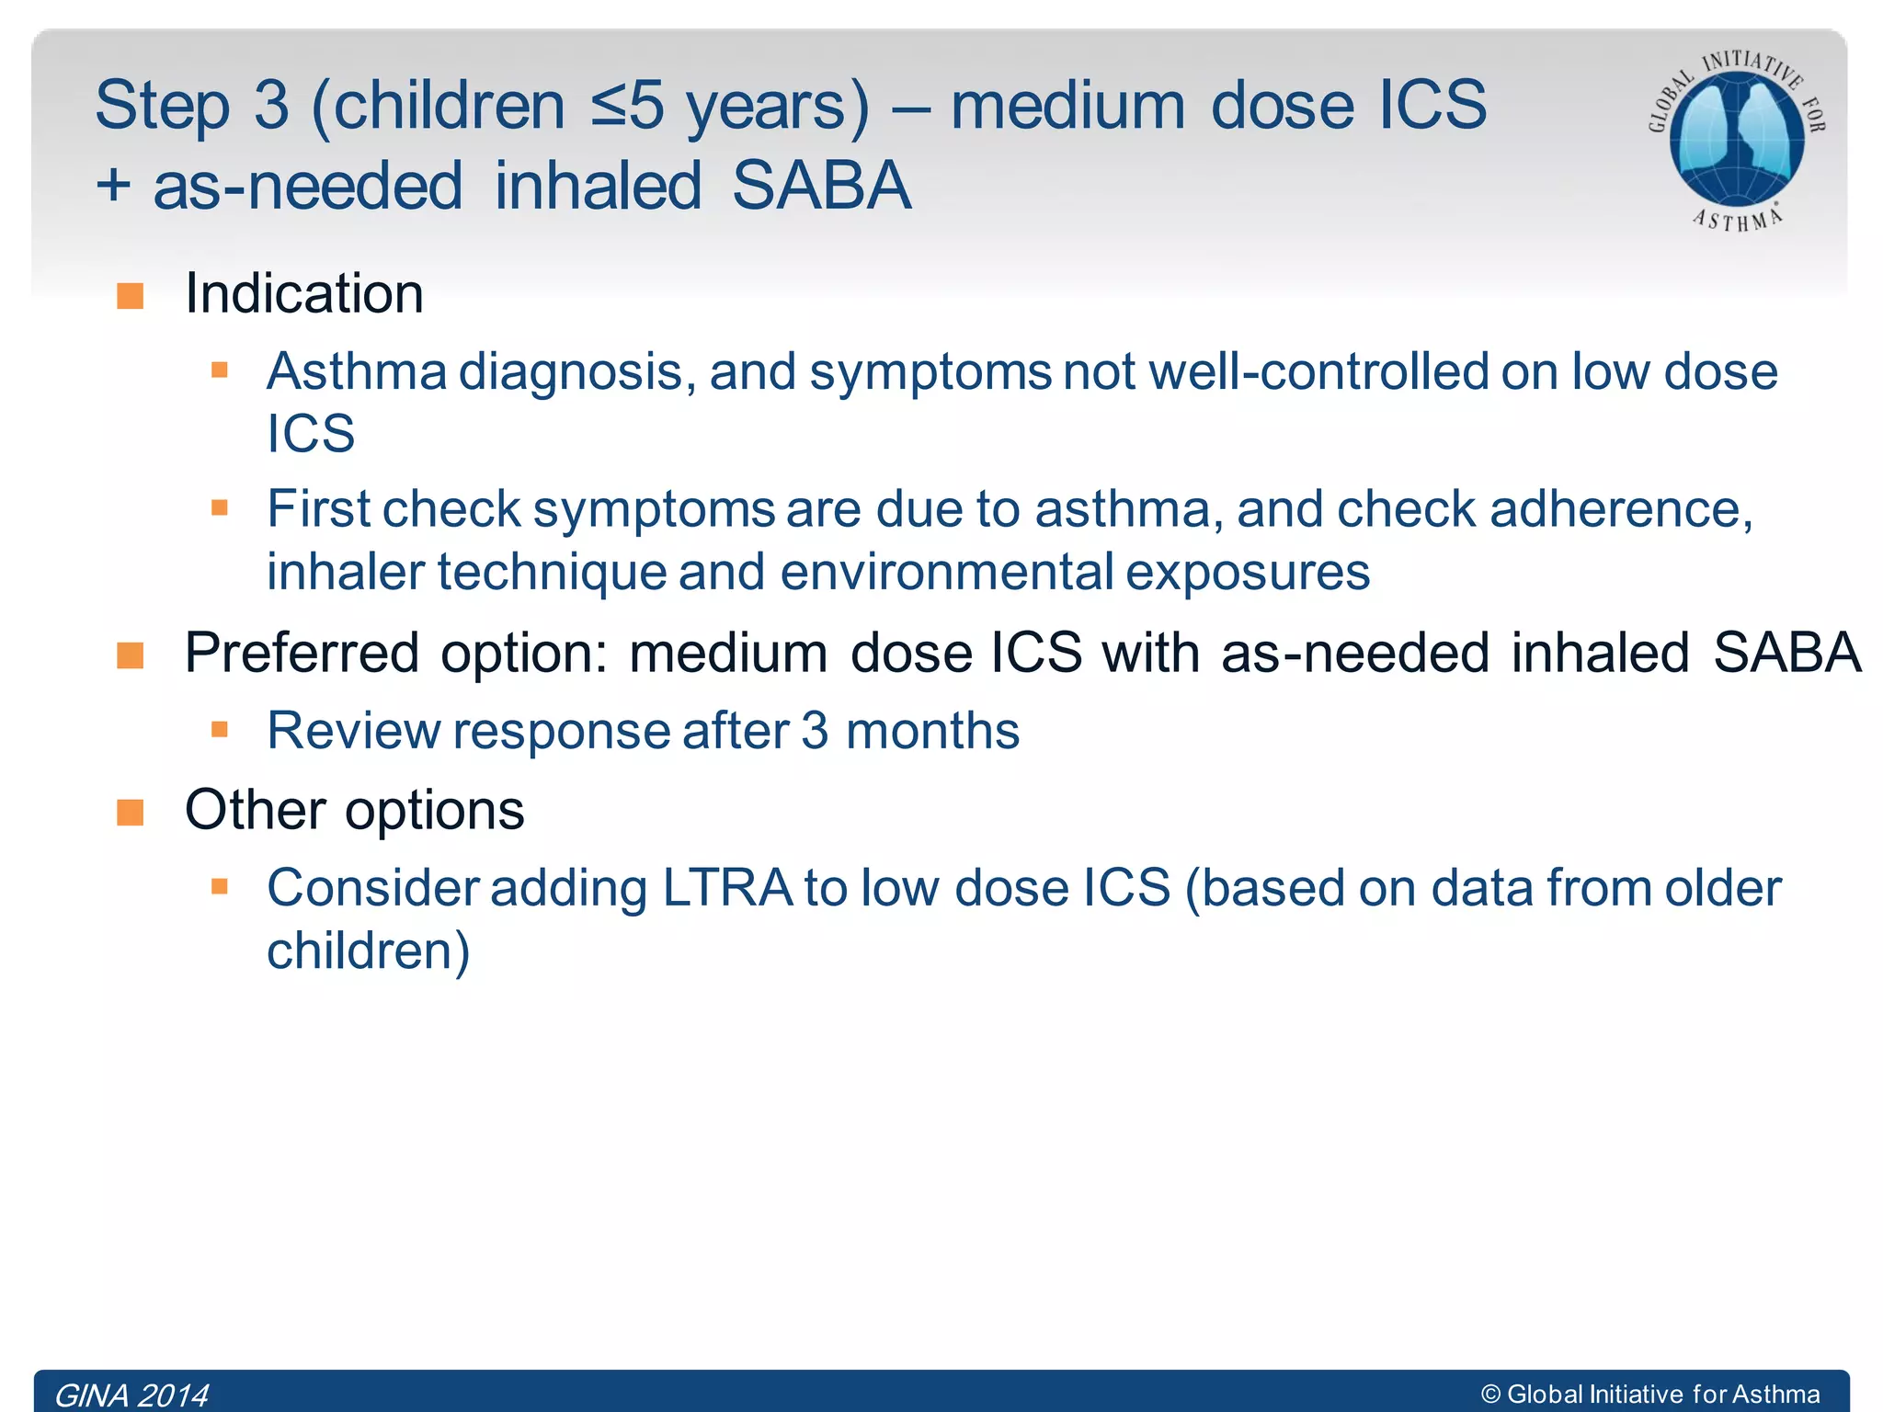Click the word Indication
click(304, 293)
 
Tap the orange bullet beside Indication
click(131, 296)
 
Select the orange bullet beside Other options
click(131, 813)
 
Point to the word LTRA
click(726, 888)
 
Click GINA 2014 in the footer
click(131, 1395)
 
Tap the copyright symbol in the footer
click(1490, 1395)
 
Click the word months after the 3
click(932, 731)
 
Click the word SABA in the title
click(821, 186)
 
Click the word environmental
click(947, 572)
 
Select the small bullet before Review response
click(219, 730)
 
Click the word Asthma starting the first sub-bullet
click(357, 371)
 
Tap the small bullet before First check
click(219, 507)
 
